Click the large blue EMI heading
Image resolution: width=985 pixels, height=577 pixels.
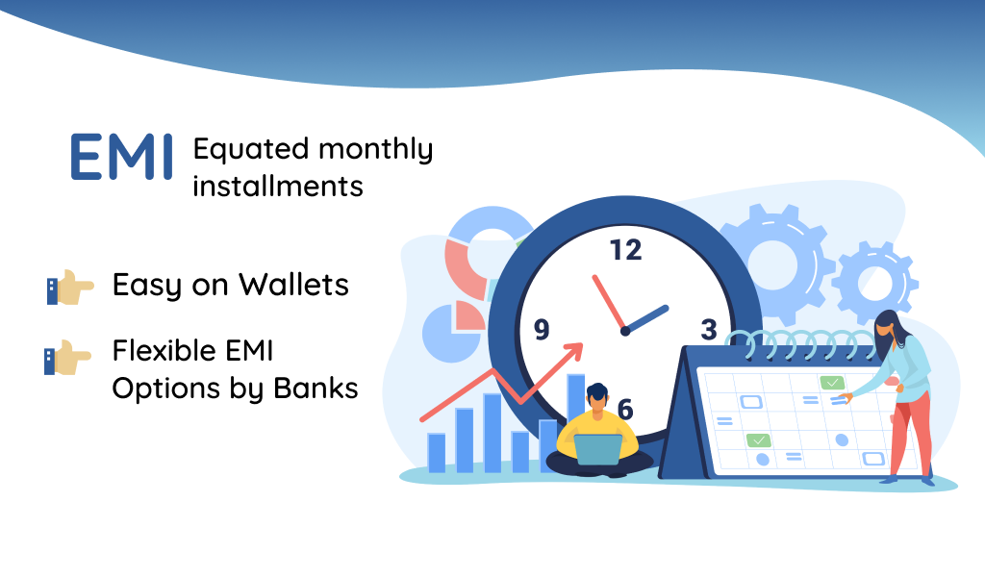click(121, 157)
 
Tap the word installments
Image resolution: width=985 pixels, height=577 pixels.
click(278, 187)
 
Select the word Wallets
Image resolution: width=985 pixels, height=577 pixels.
click(293, 285)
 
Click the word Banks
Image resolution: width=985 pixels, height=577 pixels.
click(316, 388)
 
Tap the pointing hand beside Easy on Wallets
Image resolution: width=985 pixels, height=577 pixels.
click(70, 288)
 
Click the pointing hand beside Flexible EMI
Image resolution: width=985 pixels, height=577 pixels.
click(68, 357)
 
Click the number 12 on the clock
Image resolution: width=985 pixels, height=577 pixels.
click(625, 250)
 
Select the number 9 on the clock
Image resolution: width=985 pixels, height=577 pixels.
click(542, 329)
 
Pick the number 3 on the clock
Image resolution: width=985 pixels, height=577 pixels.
click(709, 329)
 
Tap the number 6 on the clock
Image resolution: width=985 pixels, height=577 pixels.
click(625, 410)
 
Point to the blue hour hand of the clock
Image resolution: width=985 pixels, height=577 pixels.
click(645, 319)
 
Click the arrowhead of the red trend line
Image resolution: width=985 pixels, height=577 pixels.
click(573, 353)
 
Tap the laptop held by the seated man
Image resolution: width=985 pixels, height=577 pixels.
click(598, 449)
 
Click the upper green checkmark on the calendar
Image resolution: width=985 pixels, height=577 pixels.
click(832, 383)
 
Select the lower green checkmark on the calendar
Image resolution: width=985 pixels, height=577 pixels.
click(758, 440)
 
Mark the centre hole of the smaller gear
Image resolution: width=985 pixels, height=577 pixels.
click(875, 283)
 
